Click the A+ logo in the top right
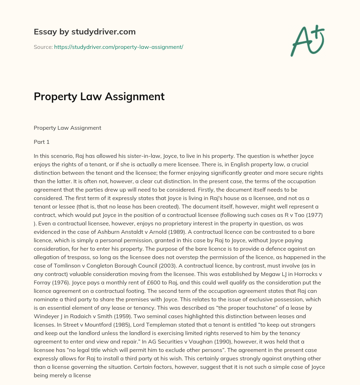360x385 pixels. (x=307, y=40)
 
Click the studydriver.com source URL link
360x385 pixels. (x=118, y=47)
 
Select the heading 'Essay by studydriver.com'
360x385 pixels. (x=84, y=32)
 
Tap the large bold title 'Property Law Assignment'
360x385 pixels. (x=99, y=96)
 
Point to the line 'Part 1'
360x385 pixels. (x=41, y=142)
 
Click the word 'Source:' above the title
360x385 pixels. (x=43, y=47)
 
